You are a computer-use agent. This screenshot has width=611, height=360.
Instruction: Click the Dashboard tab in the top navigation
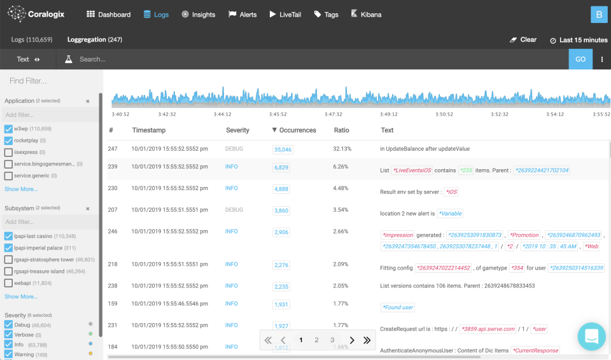[x=108, y=14]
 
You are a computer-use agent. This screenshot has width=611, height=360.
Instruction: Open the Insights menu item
[x=198, y=14]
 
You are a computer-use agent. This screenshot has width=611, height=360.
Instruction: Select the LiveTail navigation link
[x=286, y=14]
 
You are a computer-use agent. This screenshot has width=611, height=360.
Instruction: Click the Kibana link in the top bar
[x=366, y=14]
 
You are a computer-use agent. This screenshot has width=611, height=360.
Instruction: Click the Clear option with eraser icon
[x=523, y=39]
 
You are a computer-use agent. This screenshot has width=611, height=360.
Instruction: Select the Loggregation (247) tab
[x=95, y=39]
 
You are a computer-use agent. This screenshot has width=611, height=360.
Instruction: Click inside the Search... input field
[x=318, y=59]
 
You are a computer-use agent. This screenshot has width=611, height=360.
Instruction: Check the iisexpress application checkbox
[x=8, y=152]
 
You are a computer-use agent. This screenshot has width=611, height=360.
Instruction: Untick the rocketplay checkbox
[x=8, y=141]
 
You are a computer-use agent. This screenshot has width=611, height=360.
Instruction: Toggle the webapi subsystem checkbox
[x=8, y=282]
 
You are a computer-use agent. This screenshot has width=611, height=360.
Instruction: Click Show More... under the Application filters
[x=21, y=189]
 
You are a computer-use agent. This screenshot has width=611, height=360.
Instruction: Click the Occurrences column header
[x=293, y=130]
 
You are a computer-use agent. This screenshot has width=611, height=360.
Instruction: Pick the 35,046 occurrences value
[x=283, y=149]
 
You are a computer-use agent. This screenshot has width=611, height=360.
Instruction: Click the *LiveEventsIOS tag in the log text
[x=412, y=170]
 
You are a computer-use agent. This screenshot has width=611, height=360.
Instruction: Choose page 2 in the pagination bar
[x=316, y=340]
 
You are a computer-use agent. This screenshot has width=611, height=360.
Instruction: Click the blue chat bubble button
[x=591, y=336]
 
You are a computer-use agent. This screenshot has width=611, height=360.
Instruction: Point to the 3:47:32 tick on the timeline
[x=333, y=114]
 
